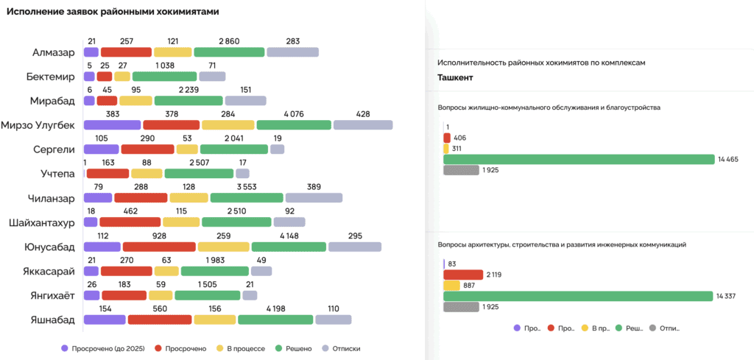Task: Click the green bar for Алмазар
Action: (x=229, y=52)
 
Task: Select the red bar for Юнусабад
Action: (x=159, y=247)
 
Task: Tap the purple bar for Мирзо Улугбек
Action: (x=113, y=125)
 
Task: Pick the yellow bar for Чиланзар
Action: (x=188, y=198)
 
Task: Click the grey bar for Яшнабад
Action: (x=334, y=320)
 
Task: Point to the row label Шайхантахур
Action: (x=42, y=222)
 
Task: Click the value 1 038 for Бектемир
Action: (x=165, y=65)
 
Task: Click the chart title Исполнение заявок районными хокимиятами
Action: (x=113, y=13)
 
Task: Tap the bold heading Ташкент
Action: (x=455, y=77)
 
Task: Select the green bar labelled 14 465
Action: (x=579, y=159)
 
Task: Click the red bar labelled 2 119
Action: (x=462, y=275)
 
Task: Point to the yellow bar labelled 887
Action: (x=451, y=286)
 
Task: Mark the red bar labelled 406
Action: (x=446, y=138)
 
